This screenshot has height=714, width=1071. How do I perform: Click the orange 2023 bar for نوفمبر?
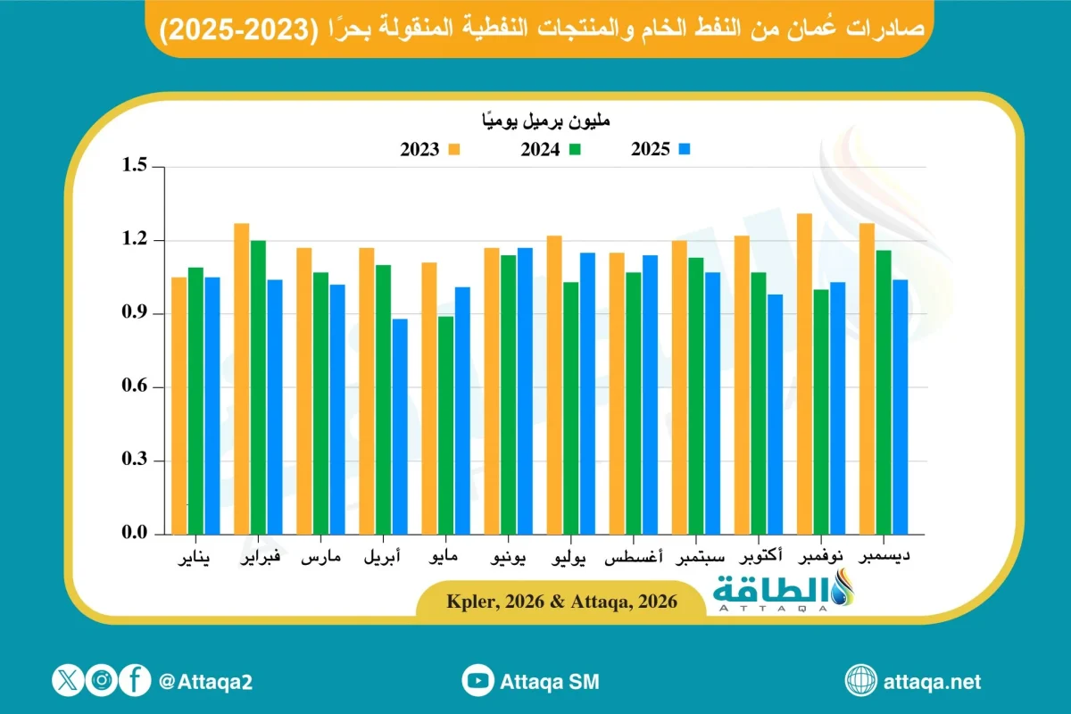(x=805, y=374)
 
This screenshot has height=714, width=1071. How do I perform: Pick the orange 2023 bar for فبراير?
(x=242, y=378)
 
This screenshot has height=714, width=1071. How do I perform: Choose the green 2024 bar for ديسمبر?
(x=884, y=392)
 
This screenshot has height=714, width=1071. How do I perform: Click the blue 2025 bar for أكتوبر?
(x=775, y=414)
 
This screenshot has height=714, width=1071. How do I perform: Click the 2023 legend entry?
(x=429, y=150)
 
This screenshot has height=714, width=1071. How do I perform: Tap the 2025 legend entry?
(x=661, y=150)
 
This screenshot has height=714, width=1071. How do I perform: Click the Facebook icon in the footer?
(x=136, y=681)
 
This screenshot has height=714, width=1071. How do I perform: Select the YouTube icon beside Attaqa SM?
(x=478, y=682)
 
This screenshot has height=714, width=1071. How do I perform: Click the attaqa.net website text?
(x=931, y=682)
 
